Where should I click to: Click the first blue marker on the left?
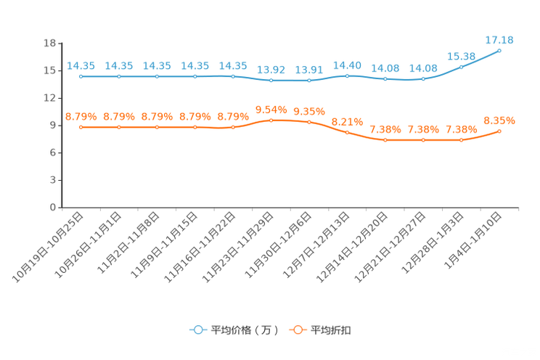[x=81, y=75]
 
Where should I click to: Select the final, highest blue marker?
[x=499, y=50]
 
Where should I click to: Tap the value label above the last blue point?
[x=499, y=39]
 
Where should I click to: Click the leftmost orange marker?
[x=81, y=127]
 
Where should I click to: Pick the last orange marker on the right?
[x=499, y=131]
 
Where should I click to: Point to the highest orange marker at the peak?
[x=271, y=120]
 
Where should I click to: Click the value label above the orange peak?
[x=271, y=110]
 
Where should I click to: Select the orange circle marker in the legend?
[x=298, y=330]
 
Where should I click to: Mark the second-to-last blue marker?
[x=462, y=66]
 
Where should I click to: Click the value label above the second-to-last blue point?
[x=462, y=56]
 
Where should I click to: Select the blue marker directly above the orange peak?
[x=271, y=79]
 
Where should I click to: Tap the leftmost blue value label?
[x=81, y=65]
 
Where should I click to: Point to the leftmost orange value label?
[x=81, y=116]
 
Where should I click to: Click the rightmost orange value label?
[x=499, y=120]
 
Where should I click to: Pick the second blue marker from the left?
[x=119, y=75]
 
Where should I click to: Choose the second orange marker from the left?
[x=119, y=127]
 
